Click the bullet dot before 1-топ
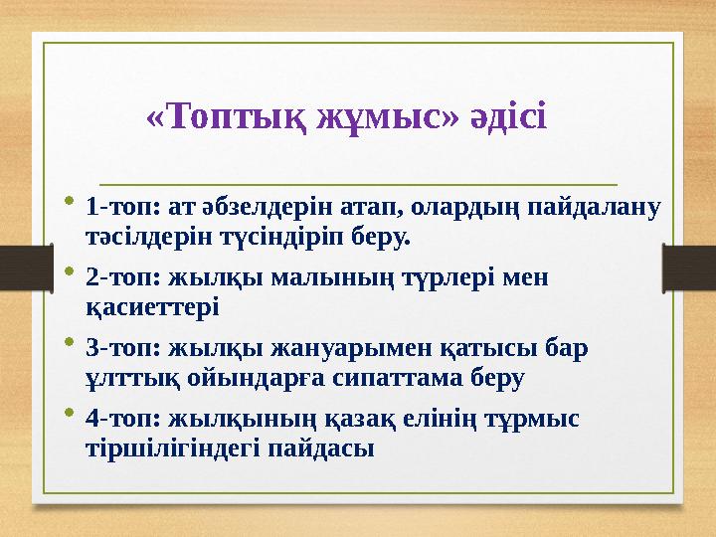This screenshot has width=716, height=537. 69,203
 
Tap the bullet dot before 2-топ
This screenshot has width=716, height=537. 69,272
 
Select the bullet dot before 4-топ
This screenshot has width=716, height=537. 69,414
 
